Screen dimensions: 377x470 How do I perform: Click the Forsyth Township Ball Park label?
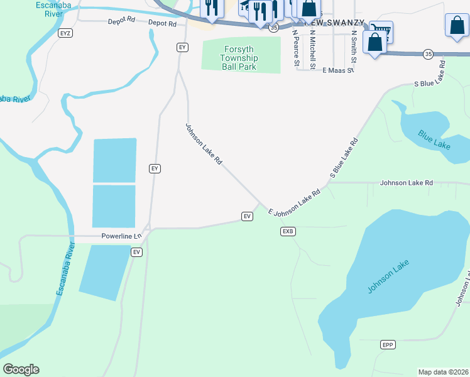241,58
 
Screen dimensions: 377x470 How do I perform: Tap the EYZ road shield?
65,32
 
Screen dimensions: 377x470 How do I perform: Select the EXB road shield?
288,231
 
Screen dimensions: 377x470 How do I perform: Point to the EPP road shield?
388,345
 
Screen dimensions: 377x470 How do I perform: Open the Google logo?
21,369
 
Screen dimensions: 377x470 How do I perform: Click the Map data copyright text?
443,372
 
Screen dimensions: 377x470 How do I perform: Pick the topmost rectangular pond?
114,160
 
